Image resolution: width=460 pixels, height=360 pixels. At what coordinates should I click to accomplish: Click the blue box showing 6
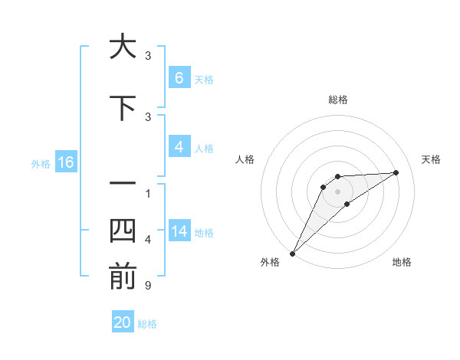179,78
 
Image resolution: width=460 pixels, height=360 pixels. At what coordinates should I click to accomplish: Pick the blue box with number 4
179,148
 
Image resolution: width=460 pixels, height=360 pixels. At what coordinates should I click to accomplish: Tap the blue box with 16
65,162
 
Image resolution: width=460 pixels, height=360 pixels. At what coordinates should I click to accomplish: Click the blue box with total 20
123,322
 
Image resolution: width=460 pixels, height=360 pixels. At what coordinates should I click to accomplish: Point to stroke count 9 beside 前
148,286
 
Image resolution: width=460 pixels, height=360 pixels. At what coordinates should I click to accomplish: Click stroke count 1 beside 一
148,193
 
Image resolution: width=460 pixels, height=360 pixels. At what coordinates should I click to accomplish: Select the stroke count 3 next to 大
148,56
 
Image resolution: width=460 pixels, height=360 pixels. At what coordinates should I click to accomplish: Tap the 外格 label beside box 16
41,163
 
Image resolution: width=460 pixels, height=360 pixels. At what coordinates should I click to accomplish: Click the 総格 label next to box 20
147,324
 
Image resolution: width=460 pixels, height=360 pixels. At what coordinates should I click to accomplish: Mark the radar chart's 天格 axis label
431,159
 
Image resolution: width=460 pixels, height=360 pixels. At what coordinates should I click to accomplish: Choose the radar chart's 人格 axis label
245,159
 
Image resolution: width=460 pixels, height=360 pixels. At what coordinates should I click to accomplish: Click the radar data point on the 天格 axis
396,172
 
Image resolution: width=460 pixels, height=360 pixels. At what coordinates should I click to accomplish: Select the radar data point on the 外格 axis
292,253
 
